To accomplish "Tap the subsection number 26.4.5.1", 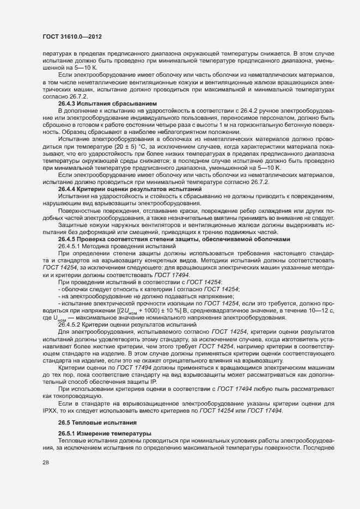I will (71, 247).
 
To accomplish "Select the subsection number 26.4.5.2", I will (71, 324).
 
